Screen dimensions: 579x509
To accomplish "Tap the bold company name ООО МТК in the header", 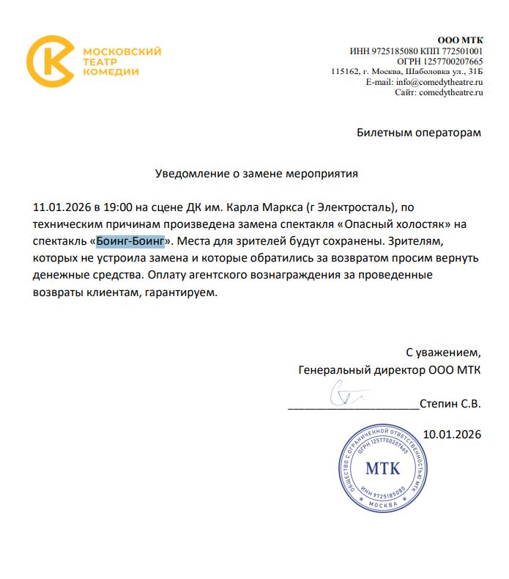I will (x=460, y=40).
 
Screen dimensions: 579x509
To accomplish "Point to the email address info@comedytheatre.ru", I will (x=440, y=82).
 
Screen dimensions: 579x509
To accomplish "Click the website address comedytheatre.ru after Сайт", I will (x=450, y=92).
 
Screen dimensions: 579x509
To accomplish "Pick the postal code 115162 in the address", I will (x=344, y=72).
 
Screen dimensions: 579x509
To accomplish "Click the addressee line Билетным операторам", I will (x=419, y=133).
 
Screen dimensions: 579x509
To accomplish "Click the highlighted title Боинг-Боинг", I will (x=130, y=240).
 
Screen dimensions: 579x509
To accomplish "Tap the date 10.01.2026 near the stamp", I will (x=451, y=435).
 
